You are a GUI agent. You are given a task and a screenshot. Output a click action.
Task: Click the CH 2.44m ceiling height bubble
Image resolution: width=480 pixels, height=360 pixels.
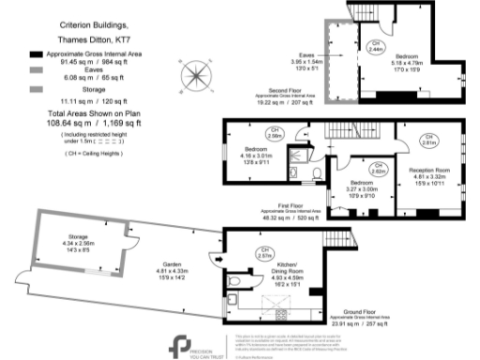coord(373,47)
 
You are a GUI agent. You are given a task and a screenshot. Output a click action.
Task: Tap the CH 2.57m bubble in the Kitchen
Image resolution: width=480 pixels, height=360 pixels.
coord(263,251)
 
